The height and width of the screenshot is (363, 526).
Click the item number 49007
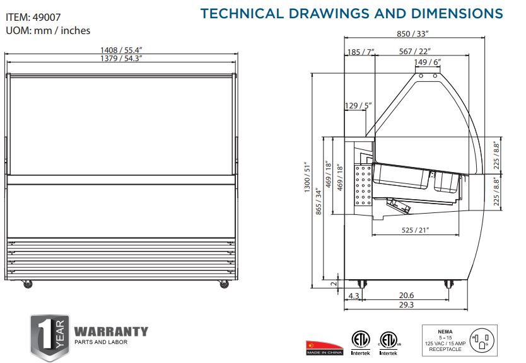click(47, 17)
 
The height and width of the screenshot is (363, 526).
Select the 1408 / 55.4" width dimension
click(121, 50)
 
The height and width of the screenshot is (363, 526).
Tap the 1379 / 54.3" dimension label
click(121, 59)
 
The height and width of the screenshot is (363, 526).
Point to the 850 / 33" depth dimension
click(412, 33)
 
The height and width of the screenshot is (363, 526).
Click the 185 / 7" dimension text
click(360, 52)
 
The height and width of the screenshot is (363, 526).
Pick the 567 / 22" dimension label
click(414, 51)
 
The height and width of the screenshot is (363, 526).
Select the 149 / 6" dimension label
click(427, 62)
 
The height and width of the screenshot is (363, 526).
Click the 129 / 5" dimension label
click(358, 106)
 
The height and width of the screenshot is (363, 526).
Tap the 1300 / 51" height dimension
click(307, 178)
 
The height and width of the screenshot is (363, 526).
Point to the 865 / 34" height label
click(319, 202)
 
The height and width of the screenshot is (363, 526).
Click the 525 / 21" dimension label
click(415, 230)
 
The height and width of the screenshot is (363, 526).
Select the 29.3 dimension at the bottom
click(406, 304)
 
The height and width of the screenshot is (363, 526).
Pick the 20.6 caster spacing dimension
click(406, 296)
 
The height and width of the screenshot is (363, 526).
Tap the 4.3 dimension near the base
click(354, 296)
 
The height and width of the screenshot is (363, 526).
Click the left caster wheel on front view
click(27, 284)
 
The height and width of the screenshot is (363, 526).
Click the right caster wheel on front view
click(223, 284)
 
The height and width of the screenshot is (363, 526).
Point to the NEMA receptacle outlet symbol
click(482, 340)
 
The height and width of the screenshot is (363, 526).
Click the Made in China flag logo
click(324, 348)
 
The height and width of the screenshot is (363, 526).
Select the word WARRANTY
click(111, 331)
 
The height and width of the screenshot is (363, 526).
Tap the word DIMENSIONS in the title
click(457, 13)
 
